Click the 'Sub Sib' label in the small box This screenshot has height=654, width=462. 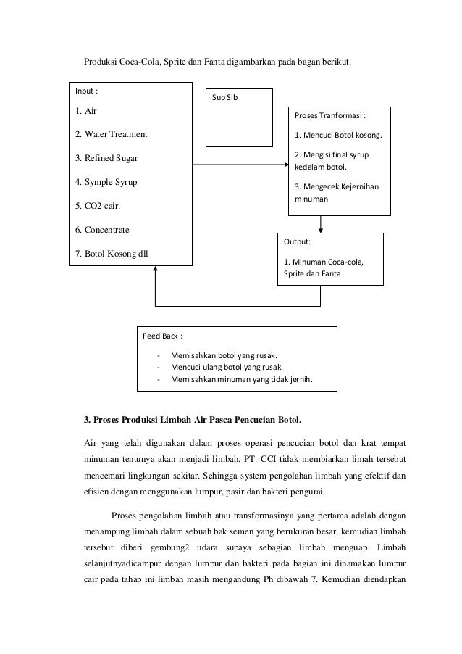[x=224, y=98]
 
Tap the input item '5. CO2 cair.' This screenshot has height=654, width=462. [x=98, y=205]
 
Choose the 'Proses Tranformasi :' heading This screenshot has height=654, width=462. [x=329, y=115]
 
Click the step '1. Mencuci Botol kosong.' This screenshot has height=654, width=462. [x=340, y=135]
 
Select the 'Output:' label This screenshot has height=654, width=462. [x=298, y=242]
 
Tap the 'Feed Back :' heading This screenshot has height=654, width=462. [x=162, y=336]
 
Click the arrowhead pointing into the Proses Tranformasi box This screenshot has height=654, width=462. [x=285, y=164]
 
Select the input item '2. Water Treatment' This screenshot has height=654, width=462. [x=111, y=135]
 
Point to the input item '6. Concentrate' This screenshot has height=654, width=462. [x=102, y=229]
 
